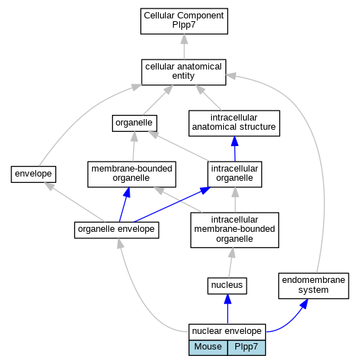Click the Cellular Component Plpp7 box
pyautogui.click(x=184, y=21)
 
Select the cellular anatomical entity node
pyautogui.click(x=184, y=72)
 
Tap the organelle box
pyautogui.click(x=135, y=123)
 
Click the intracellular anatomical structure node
pyautogui.click(x=234, y=123)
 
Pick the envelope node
pyautogui.click(x=33, y=174)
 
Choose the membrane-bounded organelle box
pyautogui.click(x=132, y=174)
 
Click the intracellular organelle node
pyautogui.click(x=235, y=174)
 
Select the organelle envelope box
pyautogui.click(x=116, y=230)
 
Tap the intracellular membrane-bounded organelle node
pyautogui.click(x=235, y=230)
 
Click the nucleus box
pyautogui.click(x=227, y=286)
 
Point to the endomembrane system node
pyautogui.click(x=313, y=286)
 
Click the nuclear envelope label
pyautogui.click(x=227, y=331)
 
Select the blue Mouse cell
pyautogui.click(x=208, y=347)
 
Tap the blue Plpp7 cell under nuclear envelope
pyautogui.click(x=247, y=347)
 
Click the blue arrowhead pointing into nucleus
pyautogui.click(x=227, y=299)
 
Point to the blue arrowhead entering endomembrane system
pyautogui.click(x=305, y=303)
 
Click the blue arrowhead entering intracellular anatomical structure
pyautogui.click(x=235, y=141)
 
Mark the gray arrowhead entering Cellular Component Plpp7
pyautogui.click(x=184, y=39)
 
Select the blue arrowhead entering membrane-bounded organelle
pyautogui.click(x=127, y=192)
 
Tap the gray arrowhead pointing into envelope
pyautogui.click(x=49, y=186)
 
